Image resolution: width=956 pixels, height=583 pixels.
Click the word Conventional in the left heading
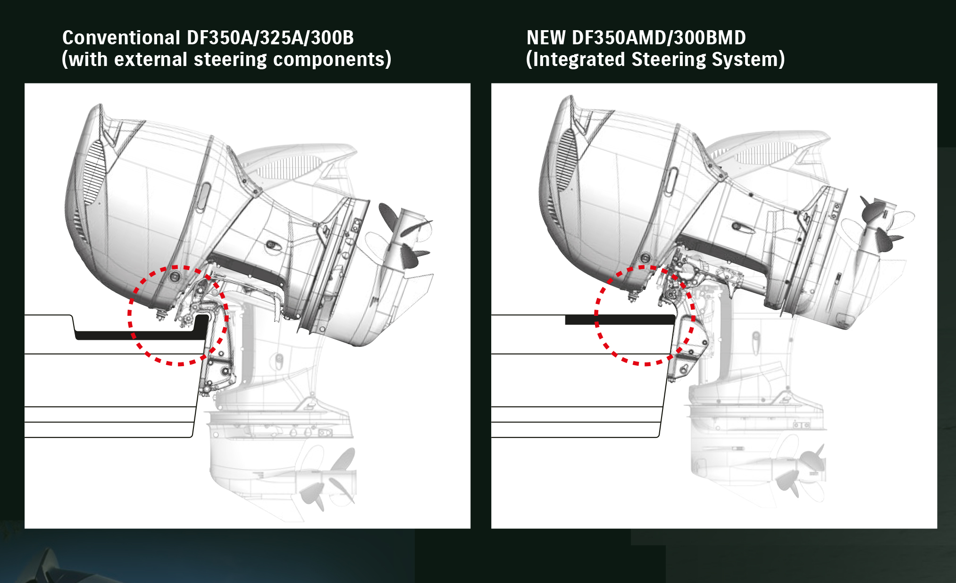point(121,38)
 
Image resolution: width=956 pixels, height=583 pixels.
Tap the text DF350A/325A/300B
point(270,38)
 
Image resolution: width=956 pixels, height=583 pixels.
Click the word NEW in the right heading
point(546,38)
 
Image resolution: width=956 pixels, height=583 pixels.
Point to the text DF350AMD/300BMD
point(659,38)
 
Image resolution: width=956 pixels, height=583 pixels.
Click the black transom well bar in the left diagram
point(142,335)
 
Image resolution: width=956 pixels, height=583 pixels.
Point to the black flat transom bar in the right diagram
point(620,320)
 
